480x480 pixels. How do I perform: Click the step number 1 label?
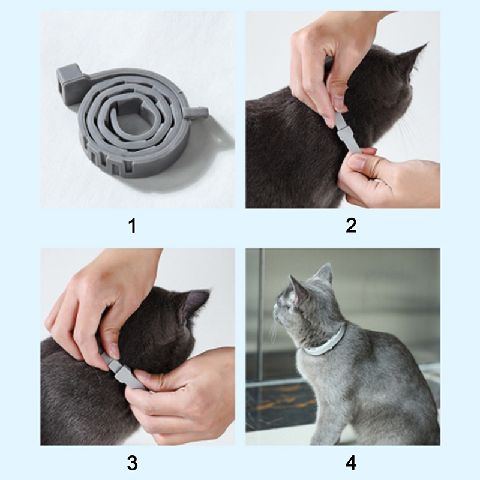[132, 226]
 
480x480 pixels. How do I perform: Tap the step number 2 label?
[351, 226]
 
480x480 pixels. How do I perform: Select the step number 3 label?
[132, 463]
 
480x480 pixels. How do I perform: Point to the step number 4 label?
[351, 463]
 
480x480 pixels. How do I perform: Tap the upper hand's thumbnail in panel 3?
[115, 351]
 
